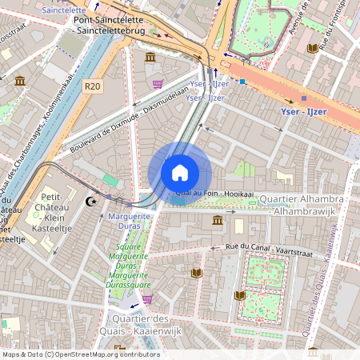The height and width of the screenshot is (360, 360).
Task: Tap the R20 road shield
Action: point(93,86)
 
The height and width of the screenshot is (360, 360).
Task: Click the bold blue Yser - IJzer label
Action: point(304,111)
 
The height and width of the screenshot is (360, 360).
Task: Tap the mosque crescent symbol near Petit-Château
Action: point(90,202)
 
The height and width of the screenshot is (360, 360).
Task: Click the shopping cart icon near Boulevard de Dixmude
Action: point(158,83)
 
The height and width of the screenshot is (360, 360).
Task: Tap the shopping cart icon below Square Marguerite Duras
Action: point(147,299)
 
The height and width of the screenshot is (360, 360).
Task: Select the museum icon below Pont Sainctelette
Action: point(150,57)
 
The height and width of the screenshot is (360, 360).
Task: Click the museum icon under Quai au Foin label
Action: point(218,220)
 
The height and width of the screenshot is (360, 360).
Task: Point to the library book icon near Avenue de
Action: point(312,48)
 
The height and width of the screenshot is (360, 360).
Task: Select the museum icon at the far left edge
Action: point(20,81)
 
